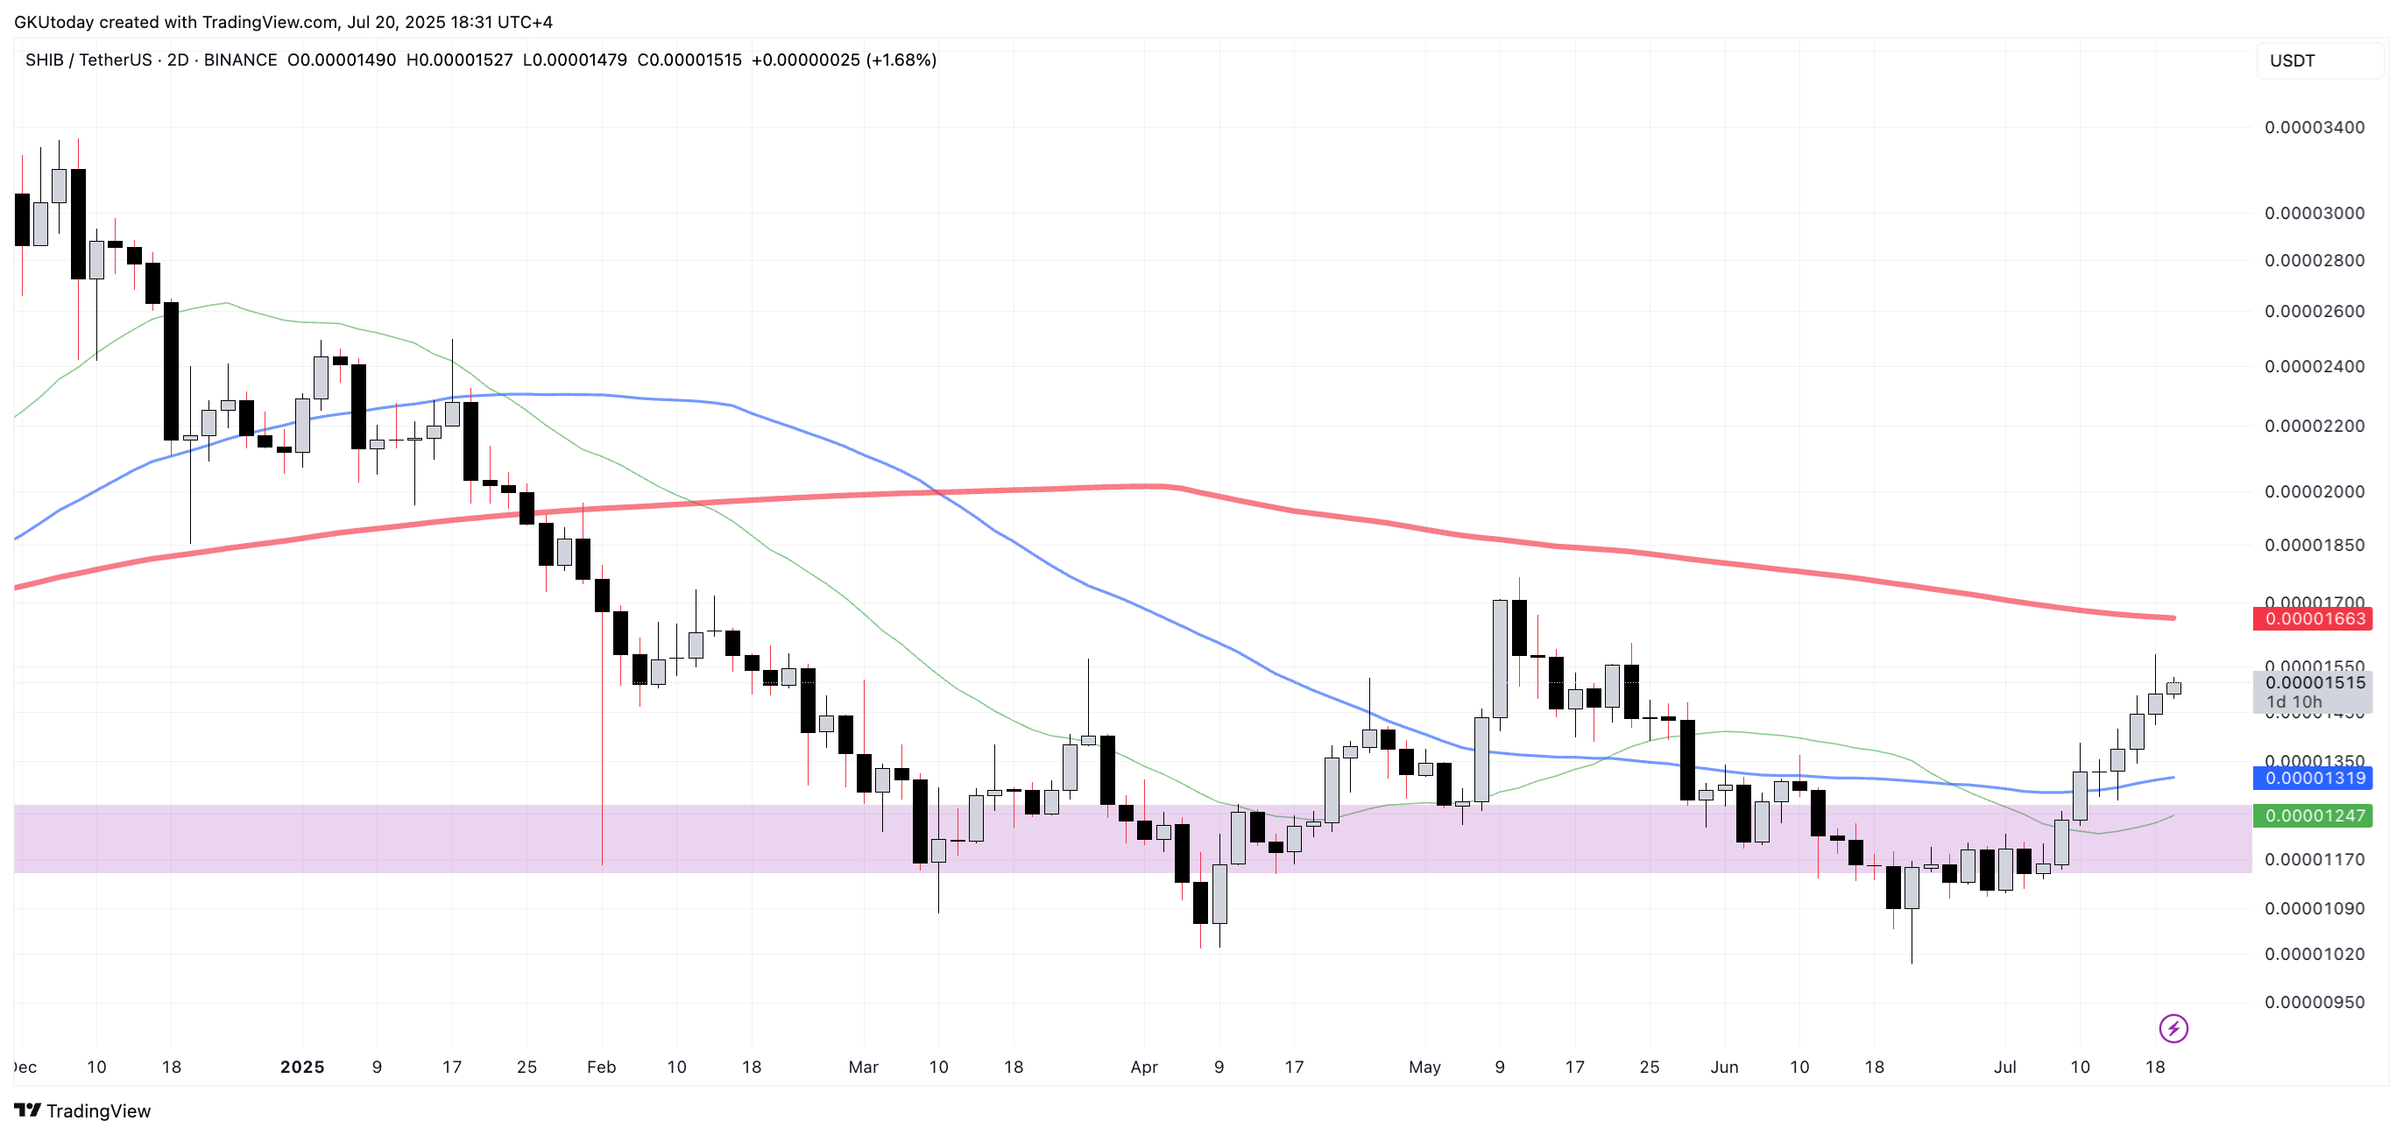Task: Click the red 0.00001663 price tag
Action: (x=2315, y=618)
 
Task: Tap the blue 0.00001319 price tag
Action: (x=2315, y=778)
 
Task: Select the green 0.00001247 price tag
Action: (x=2315, y=816)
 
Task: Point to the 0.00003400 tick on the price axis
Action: (x=2315, y=128)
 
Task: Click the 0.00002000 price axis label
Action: (x=2315, y=491)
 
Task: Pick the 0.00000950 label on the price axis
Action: (x=2315, y=1003)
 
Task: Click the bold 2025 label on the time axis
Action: (x=302, y=1067)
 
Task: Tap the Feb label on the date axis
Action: (x=601, y=1067)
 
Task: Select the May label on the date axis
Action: (x=1424, y=1067)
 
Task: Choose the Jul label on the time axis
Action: (x=2004, y=1067)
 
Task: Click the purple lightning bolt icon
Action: (x=2173, y=1029)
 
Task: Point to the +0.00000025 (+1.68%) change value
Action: (x=844, y=60)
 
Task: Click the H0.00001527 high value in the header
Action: (x=459, y=60)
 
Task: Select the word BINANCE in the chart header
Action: (x=240, y=60)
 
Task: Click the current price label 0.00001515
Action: (x=2315, y=683)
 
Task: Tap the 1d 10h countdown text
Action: (x=2293, y=702)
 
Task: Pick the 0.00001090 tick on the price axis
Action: (x=2315, y=908)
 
